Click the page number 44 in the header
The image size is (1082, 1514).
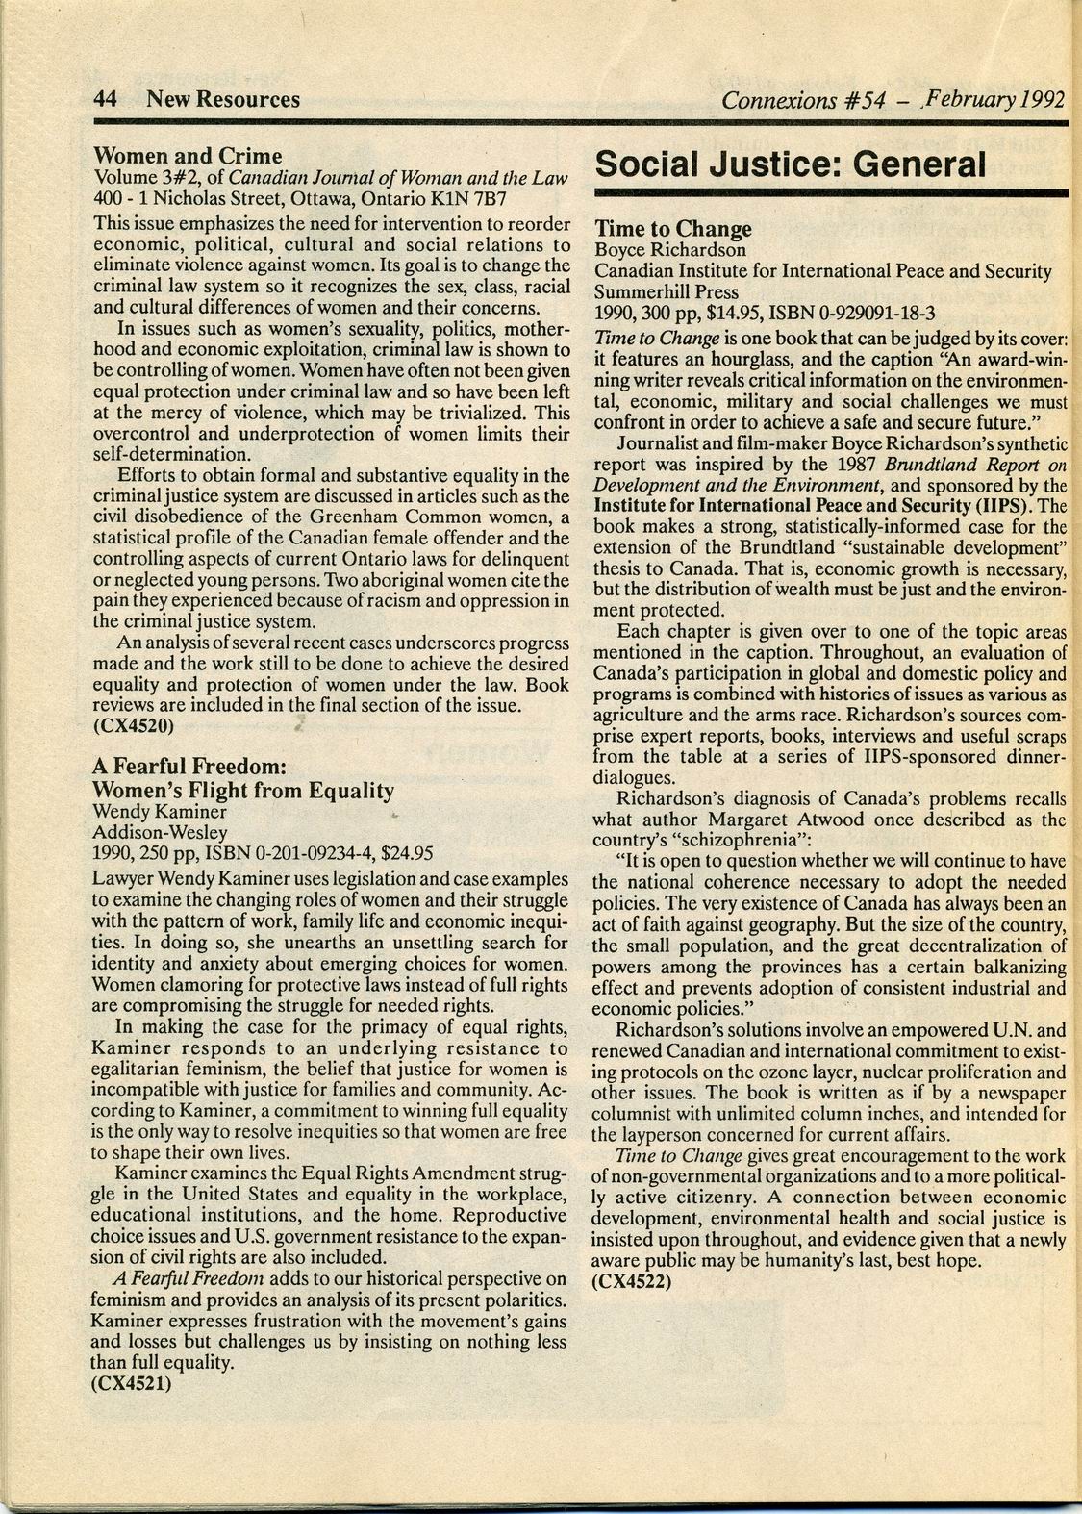point(105,99)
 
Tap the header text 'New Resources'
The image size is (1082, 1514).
point(222,99)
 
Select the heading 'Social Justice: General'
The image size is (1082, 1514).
point(791,164)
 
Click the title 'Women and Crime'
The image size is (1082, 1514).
point(188,156)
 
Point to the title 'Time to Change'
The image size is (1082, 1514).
point(672,229)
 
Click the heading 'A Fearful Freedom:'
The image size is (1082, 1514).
point(189,767)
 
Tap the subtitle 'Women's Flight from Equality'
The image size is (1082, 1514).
point(242,791)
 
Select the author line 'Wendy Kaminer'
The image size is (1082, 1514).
point(159,811)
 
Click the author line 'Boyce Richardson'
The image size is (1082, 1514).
point(670,250)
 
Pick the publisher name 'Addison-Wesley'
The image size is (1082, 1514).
point(159,831)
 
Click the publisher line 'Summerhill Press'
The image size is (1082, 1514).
point(667,291)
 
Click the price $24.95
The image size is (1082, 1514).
point(407,851)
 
